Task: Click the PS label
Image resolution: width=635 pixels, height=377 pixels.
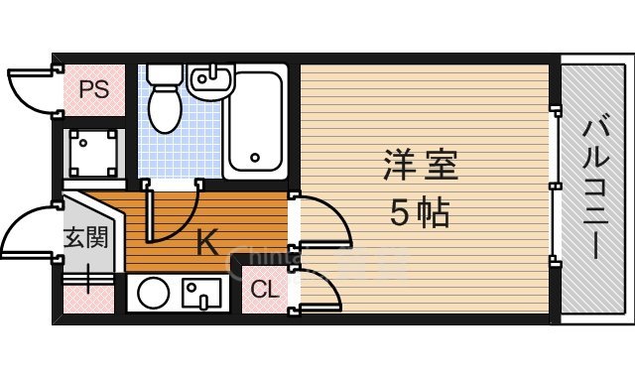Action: [93, 90]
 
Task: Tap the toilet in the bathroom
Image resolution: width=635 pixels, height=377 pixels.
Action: [165, 105]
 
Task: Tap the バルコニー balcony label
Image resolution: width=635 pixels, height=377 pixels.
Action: [595, 189]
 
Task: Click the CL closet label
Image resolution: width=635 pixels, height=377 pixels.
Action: [264, 291]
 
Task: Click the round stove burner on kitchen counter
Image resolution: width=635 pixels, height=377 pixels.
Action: [153, 293]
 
